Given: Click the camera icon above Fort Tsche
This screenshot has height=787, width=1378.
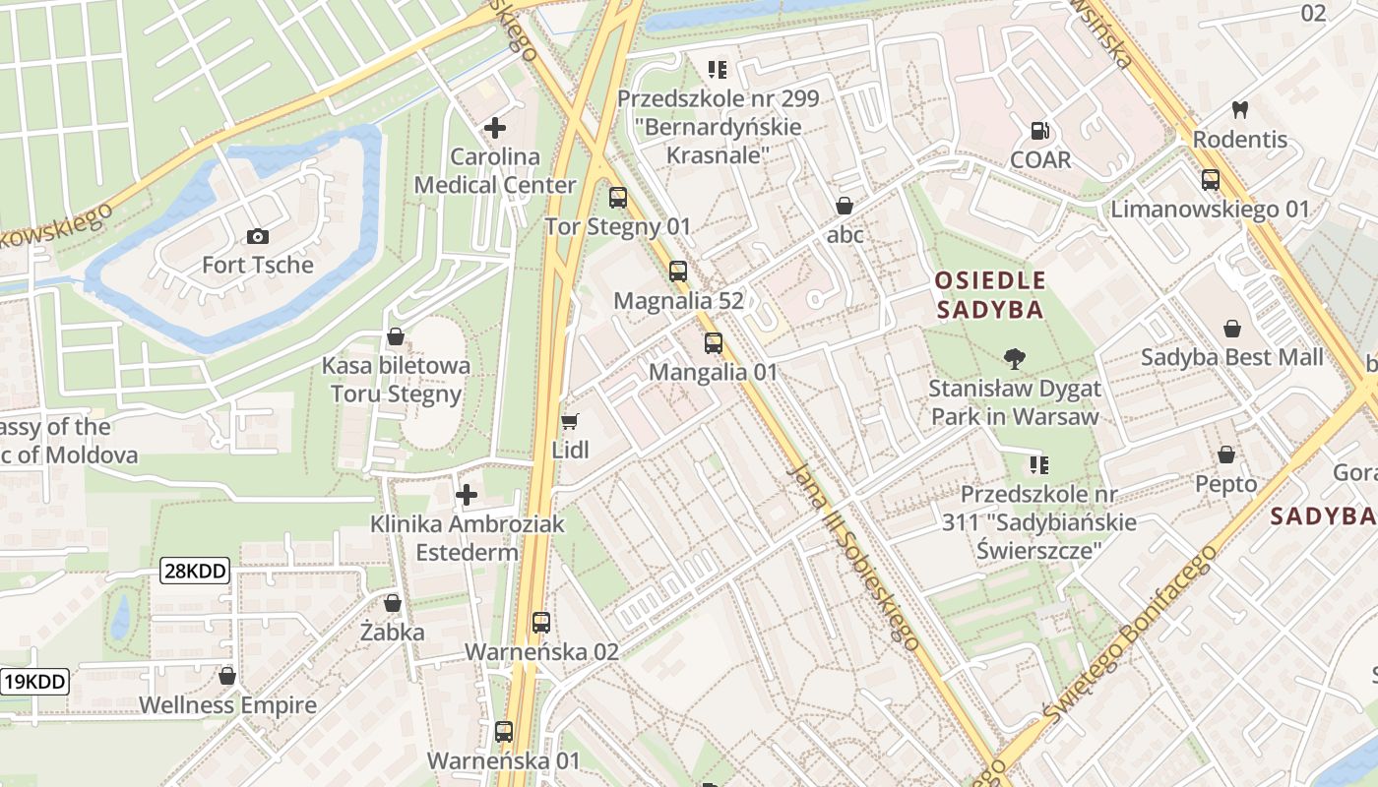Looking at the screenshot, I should tap(258, 236).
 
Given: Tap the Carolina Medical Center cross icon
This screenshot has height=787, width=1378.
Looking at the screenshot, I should tap(495, 128).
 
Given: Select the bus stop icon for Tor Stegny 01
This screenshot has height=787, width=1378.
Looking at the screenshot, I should tap(618, 198).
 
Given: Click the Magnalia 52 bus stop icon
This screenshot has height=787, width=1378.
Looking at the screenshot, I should tap(678, 272).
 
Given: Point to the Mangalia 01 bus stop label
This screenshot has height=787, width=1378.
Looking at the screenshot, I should tap(714, 372).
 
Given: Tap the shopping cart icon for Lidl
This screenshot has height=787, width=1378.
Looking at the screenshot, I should tap(569, 422).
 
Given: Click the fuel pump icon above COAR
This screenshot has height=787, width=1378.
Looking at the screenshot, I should tap(1039, 131).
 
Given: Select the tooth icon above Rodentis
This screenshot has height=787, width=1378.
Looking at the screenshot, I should tap(1240, 110).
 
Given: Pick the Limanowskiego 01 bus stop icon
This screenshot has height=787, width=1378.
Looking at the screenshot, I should tap(1211, 180).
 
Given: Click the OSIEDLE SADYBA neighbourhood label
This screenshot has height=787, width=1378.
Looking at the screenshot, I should tap(990, 295).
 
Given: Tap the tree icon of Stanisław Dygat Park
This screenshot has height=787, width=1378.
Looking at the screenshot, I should tap(1014, 359).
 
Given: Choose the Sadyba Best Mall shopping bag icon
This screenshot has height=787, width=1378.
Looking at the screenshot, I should tap(1232, 328).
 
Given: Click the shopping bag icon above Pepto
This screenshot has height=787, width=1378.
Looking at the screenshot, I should tap(1226, 454).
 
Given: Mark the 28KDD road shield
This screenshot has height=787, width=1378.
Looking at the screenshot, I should tap(195, 571).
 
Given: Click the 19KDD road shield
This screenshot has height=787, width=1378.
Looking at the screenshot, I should tap(34, 682).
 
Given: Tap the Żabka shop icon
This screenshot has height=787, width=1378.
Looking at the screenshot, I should tap(393, 603).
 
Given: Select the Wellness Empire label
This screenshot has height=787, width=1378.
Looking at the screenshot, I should tap(227, 705).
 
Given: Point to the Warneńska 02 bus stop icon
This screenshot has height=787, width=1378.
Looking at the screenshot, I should tap(541, 623).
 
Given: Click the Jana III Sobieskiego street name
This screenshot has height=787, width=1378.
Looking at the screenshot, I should tap(854, 556).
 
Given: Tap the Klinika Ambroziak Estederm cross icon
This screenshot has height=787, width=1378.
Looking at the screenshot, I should tap(467, 495).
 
